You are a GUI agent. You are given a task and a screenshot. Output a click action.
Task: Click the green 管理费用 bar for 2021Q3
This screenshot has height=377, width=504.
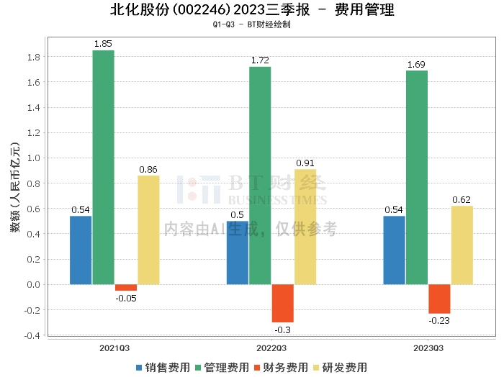[103, 168]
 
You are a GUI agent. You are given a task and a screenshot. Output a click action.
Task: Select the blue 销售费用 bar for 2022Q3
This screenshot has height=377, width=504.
[238, 253]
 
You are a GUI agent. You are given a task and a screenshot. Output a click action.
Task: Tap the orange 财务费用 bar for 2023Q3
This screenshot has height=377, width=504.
[439, 299]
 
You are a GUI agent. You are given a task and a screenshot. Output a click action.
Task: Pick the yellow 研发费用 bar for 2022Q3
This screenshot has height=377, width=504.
[305, 227]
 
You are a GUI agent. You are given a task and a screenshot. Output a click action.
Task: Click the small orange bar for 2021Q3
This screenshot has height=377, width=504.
[126, 288]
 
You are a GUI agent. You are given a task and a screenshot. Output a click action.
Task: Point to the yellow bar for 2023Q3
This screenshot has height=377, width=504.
[462, 245]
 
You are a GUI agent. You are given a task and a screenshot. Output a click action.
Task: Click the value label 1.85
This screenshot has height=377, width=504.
[103, 44]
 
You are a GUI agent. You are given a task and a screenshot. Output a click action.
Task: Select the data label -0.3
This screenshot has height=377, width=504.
[282, 330]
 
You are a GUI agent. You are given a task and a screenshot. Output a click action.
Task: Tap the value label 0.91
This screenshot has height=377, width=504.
[305, 163]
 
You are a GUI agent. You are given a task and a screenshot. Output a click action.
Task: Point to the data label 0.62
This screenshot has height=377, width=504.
[462, 200]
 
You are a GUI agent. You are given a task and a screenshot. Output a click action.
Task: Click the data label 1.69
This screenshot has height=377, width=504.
[416, 65]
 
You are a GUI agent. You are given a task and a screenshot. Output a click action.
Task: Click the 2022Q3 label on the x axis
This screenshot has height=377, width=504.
[271, 348]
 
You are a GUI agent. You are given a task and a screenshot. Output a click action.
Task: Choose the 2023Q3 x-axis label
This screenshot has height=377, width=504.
[428, 348]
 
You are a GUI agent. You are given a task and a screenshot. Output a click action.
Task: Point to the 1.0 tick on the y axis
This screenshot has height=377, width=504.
[33, 158]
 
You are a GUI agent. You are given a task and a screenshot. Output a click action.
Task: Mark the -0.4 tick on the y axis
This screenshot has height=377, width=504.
[32, 335]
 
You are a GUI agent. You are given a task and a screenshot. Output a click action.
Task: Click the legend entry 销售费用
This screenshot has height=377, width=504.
[163, 368]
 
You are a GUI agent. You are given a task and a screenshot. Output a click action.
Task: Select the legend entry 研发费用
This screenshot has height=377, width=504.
[341, 368]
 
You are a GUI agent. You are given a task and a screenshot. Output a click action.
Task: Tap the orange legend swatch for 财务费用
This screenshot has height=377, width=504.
[257, 368]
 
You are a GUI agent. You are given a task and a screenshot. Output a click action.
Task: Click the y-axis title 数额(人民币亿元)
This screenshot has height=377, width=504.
[15, 187]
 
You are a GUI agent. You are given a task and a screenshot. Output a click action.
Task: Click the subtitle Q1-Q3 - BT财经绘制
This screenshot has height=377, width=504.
[252, 24]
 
